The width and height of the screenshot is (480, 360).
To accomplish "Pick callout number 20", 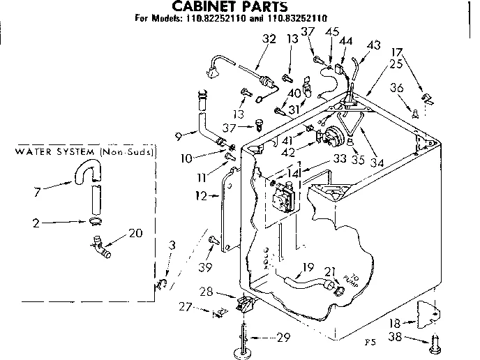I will pyautogui.click(x=136, y=233).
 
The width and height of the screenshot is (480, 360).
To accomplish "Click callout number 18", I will pyautogui.click(x=394, y=323).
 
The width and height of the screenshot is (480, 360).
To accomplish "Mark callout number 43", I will pyautogui.click(x=374, y=45).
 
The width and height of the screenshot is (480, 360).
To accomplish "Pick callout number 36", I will pyautogui.click(x=398, y=88).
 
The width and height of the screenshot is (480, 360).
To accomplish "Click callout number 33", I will pyautogui.click(x=340, y=158).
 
